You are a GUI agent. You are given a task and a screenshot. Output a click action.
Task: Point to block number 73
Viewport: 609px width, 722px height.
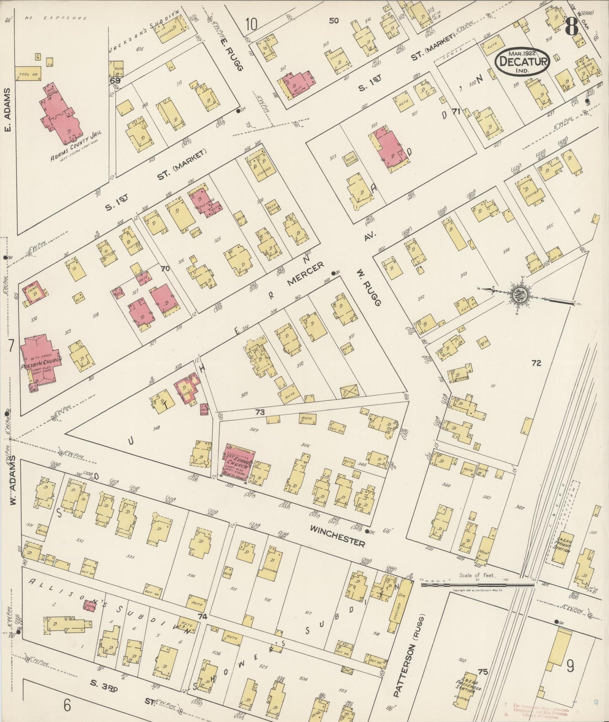(x=260, y=412)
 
